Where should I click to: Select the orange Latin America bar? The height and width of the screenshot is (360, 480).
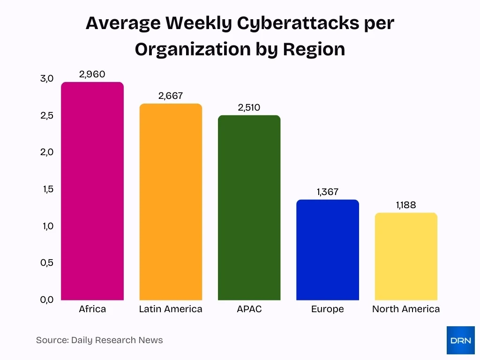click(171, 202)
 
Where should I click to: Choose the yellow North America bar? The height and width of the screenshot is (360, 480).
click(406, 256)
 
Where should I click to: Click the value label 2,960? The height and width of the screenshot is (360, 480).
click(92, 74)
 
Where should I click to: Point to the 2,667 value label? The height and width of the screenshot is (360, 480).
click(171, 96)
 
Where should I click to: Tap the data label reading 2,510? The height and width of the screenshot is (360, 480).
click(249, 107)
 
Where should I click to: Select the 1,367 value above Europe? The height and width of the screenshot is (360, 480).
click(328, 192)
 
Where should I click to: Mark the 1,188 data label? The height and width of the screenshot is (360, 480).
click(406, 205)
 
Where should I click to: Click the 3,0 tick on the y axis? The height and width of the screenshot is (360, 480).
click(47, 78)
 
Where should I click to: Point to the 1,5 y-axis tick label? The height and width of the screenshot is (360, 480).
click(47, 189)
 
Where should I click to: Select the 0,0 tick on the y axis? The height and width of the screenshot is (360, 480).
click(47, 300)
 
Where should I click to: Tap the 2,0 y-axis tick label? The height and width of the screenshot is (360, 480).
click(47, 152)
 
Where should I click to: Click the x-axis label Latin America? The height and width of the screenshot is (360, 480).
click(171, 309)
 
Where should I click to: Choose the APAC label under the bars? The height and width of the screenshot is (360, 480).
click(249, 309)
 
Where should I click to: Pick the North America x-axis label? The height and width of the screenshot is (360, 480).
click(406, 309)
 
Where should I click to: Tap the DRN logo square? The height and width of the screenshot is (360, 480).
click(460, 340)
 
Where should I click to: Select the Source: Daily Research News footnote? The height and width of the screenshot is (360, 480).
click(99, 340)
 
